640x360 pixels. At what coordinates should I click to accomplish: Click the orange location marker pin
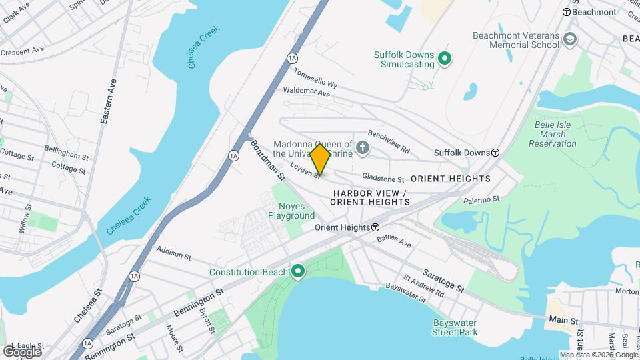point(320,159)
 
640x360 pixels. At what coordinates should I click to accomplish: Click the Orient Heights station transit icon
point(376,227)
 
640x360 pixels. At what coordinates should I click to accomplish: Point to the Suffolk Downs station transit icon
point(495,153)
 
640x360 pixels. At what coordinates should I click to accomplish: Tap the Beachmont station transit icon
point(567,12)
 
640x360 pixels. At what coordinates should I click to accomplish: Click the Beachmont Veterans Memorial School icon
point(570,40)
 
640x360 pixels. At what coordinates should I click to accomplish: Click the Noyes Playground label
point(291,211)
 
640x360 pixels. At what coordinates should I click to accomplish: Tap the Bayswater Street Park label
point(454,327)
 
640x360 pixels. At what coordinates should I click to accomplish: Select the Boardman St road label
point(267,160)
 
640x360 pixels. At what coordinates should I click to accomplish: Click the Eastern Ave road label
point(108,101)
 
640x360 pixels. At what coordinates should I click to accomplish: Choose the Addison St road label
point(173,253)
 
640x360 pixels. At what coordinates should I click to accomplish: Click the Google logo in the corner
point(22,351)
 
